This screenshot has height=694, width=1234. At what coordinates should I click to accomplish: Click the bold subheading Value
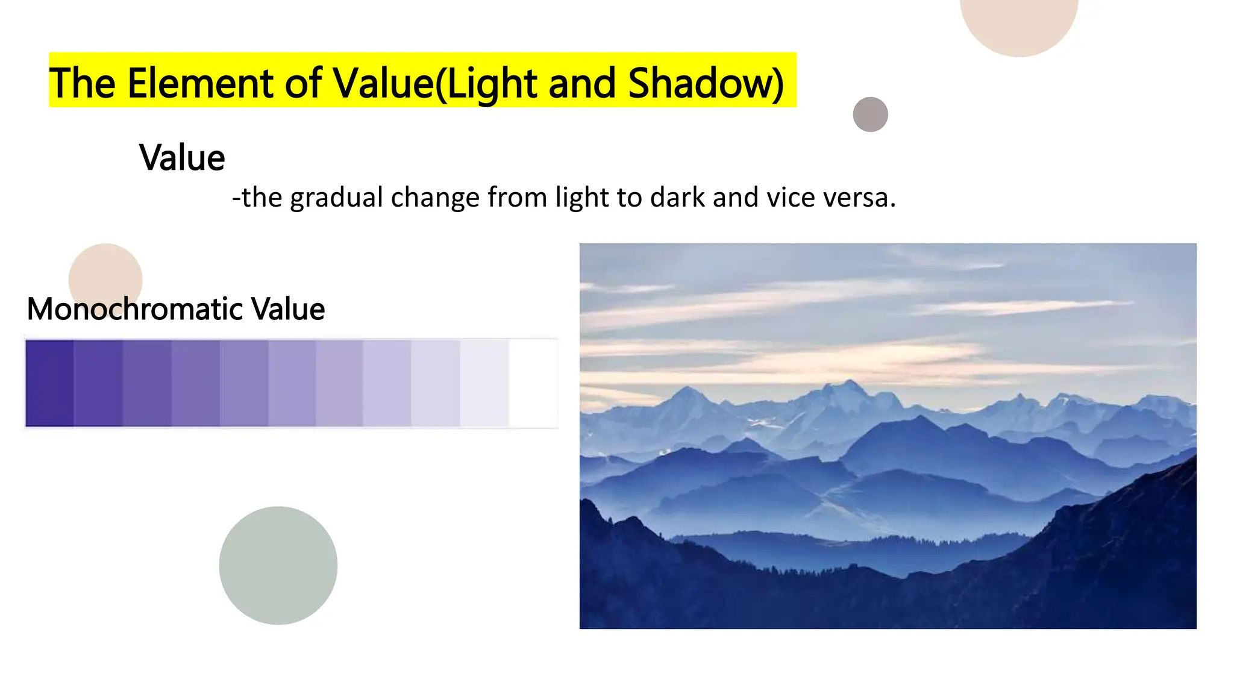tap(182, 158)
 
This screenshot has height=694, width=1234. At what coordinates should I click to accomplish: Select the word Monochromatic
tap(136, 309)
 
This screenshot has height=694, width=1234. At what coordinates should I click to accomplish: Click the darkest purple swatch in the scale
tap(49, 383)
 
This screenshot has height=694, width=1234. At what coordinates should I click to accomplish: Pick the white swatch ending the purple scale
tap(533, 383)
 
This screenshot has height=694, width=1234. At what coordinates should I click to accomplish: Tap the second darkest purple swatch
tap(98, 383)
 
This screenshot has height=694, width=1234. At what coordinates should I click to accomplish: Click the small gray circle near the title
tap(870, 114)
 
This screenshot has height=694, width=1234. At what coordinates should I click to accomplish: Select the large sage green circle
tap(278, 565)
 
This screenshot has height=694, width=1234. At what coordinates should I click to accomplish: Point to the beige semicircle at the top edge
tap(1018, 24)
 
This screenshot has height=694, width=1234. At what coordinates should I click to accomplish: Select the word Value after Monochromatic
tap(288, 309)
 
